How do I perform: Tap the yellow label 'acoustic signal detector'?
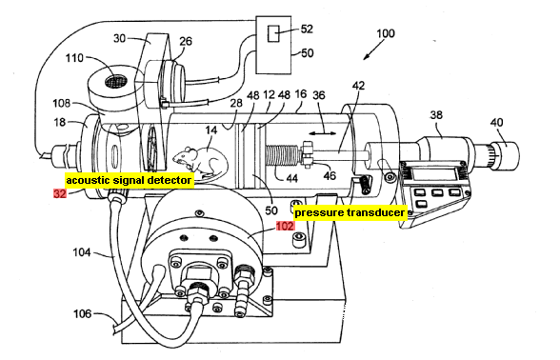[130, 180]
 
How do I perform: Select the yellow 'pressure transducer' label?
[350, 213]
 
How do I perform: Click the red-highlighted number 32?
[60, 193]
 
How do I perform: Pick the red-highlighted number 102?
[285, 226]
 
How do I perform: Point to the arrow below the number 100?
[373, 50]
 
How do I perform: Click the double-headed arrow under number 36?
[323, 133]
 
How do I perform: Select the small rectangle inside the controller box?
[273, 33]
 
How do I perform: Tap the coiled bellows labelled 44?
[282, 155]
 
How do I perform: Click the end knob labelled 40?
[506, 154]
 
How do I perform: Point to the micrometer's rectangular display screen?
[434, 174]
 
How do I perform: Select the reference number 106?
[83, 314]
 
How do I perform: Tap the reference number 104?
[82, 252]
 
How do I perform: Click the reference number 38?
[436, 115]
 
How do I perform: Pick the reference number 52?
[307, 29]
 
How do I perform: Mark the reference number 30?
[120, 38]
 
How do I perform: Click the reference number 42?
[358, 86]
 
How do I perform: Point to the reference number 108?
[61, 104]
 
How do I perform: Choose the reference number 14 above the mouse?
[211, 130]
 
